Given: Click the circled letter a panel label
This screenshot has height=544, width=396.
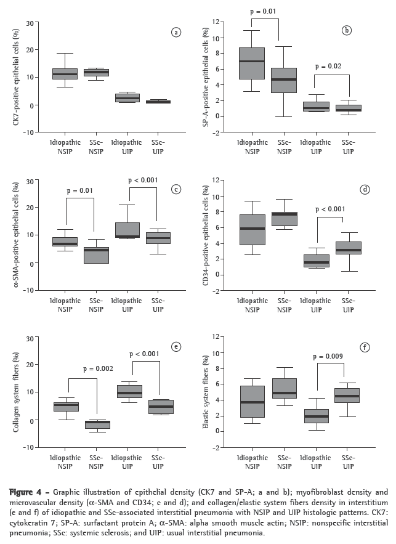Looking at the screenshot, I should click(176, 33).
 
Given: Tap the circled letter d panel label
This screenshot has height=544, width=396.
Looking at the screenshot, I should click(365, 189).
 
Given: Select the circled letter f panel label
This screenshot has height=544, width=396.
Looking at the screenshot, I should click(365, 347).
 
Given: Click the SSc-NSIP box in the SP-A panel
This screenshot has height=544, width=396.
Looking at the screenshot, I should click(283, 80).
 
